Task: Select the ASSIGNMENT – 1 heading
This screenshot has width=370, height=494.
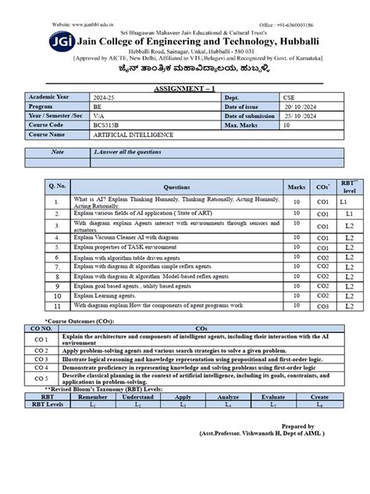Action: click(185, 90)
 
